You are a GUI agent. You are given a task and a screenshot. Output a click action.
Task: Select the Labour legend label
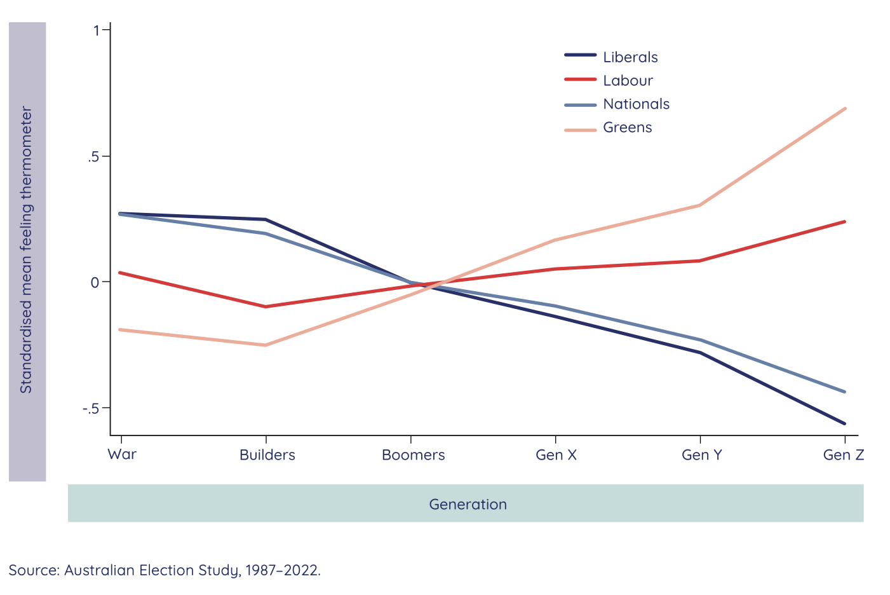point(628,81)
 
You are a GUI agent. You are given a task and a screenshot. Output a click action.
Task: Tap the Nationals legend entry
point(636,104)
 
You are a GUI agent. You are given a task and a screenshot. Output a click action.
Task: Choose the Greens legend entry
point(627,128)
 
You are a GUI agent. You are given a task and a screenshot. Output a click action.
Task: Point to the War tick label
point(122,455)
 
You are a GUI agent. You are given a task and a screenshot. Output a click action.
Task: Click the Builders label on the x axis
point(267,455)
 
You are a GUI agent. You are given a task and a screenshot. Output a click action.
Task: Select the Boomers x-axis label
point(413,455)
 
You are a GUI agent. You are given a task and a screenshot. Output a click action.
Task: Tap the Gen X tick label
point(556,455)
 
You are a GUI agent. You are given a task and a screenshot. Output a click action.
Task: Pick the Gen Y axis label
point(701,455)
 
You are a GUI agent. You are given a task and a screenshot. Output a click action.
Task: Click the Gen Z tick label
point(843,455)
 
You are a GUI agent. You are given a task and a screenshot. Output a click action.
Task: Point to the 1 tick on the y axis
point(97,31)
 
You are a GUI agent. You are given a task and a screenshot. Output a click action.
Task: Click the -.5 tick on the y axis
point(92,408)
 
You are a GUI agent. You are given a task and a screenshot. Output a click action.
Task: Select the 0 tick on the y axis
point(95,282)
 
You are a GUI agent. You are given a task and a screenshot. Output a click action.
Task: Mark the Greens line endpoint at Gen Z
point(845,109)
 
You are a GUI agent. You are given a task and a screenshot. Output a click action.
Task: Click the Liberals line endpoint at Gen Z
point(845,423)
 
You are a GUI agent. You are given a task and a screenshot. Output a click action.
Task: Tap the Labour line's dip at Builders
point(266,306)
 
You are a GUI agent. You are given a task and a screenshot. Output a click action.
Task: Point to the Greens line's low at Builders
point(266,345)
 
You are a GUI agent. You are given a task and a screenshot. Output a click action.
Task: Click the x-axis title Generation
point(468,505)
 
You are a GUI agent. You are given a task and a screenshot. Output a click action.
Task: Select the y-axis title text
point(26,250)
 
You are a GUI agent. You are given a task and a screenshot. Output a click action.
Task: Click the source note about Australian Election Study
point(165,570)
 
